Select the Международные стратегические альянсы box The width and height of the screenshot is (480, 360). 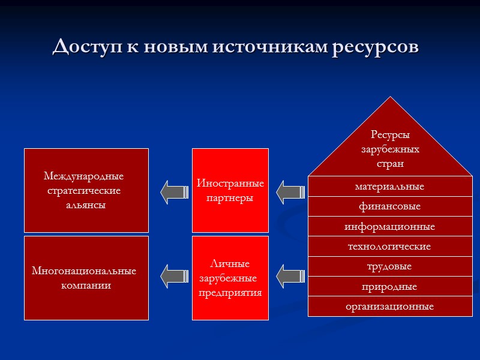86,190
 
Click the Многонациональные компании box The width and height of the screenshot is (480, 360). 86,278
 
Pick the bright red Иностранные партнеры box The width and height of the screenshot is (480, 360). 230,190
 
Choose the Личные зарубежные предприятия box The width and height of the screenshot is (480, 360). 230,278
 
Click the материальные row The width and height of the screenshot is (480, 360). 390,187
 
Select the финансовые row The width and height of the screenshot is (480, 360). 390,206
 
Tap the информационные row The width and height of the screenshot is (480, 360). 390,227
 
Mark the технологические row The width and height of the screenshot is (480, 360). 390,247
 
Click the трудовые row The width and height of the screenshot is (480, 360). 390,266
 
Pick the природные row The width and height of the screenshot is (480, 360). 390,287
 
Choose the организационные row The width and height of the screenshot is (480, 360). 390,307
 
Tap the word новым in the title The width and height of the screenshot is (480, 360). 174,46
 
